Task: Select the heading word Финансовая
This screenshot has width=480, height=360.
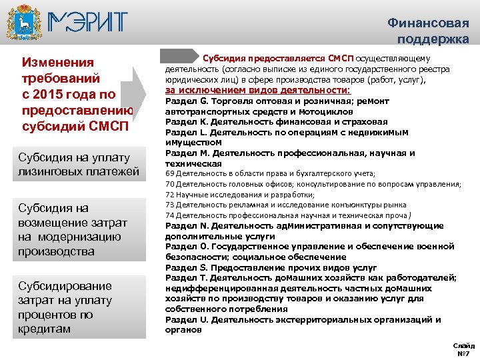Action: click(428, 23)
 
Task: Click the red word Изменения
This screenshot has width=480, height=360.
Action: click(58, 63)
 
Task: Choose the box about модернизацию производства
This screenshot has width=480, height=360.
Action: click(78, 229)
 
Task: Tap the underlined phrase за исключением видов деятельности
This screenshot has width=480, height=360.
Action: click(258, 89)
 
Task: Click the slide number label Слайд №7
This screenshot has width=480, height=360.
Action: click(463, 349)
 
